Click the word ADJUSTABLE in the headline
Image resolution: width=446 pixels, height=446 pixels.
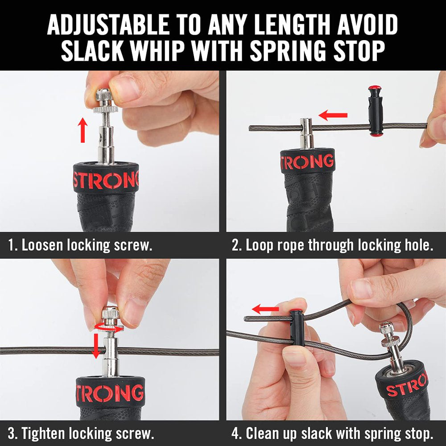pyautogui.click(x=108, y=25)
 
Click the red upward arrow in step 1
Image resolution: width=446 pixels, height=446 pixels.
pyautogui.click(x=83, y=130)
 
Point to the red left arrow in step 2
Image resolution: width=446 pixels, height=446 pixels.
pyautogui.click(x=333, y=115)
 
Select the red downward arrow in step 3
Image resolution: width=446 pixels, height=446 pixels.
pyautogui.click(x=96, y=346)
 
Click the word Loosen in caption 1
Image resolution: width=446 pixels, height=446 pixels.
pyautogui.click(x=43, y=245)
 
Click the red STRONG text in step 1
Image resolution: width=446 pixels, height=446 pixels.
pyautogui.click(x=106, y=180)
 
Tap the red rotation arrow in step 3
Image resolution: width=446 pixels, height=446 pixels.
pyautogui.click(x=109, y=328)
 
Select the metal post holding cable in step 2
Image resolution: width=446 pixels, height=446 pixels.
pyautogui.click(x=307, y=133)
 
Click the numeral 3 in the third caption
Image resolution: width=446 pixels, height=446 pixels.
pyautogui.click(x=12, y=433)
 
